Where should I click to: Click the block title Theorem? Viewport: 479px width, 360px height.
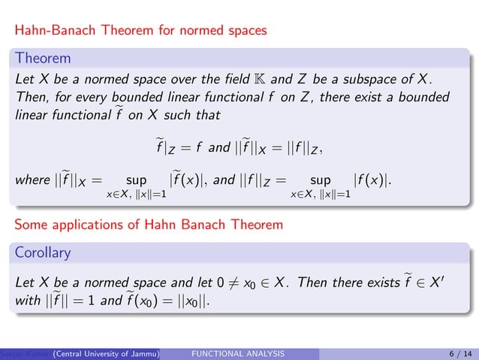pos(44,58)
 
